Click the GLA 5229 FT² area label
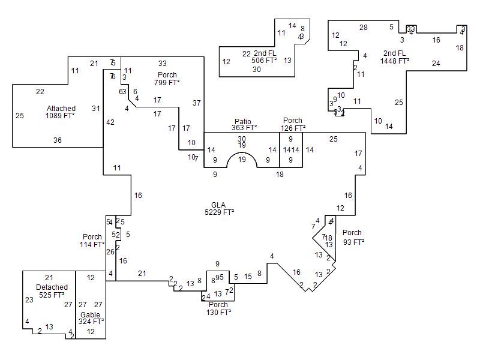(218, 208)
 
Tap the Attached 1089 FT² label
(61, 112)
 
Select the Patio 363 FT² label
(244, 124)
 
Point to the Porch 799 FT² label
(167, 79)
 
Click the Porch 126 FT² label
(293, 124)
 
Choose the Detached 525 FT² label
(52, 291)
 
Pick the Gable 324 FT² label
(91, 318)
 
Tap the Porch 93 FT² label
(352, 237)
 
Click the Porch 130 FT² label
(218, 308)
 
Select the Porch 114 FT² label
(92, 241)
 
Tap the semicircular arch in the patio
(242, 160)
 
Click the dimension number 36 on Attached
(58, 140)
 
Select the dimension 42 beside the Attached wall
(110, 122)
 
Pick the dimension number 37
(196, 103)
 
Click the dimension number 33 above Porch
(163, 63)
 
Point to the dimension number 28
(364, 28)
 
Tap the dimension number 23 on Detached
(29, 300)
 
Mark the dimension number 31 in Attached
(96, 108)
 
